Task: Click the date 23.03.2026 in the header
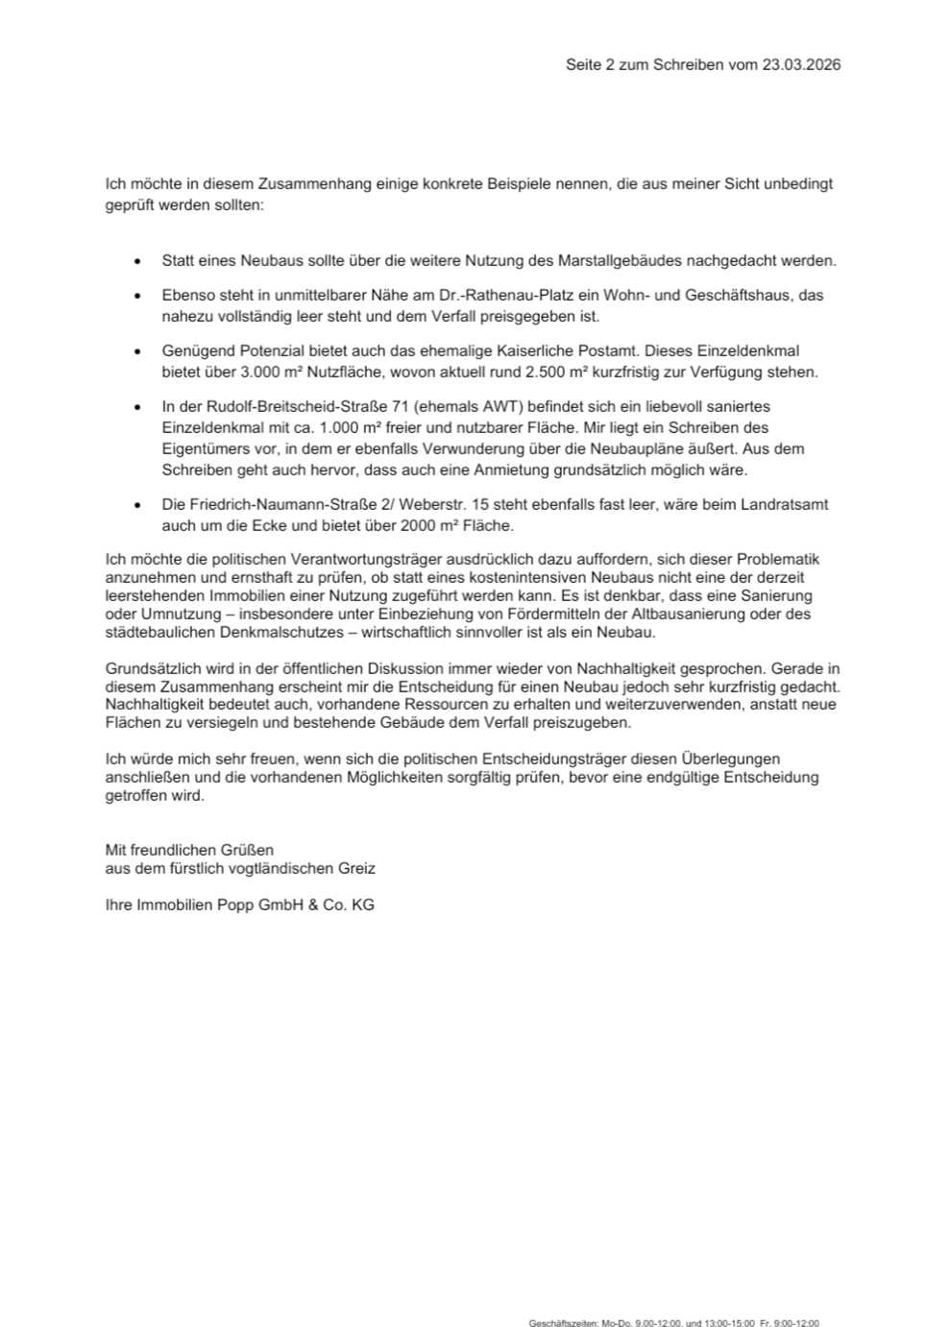pos(801,65)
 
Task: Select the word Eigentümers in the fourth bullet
pos(203,448)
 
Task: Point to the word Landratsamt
pos(788,505)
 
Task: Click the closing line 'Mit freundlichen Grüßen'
pos(189,850)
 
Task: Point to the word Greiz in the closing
pos(356,868)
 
